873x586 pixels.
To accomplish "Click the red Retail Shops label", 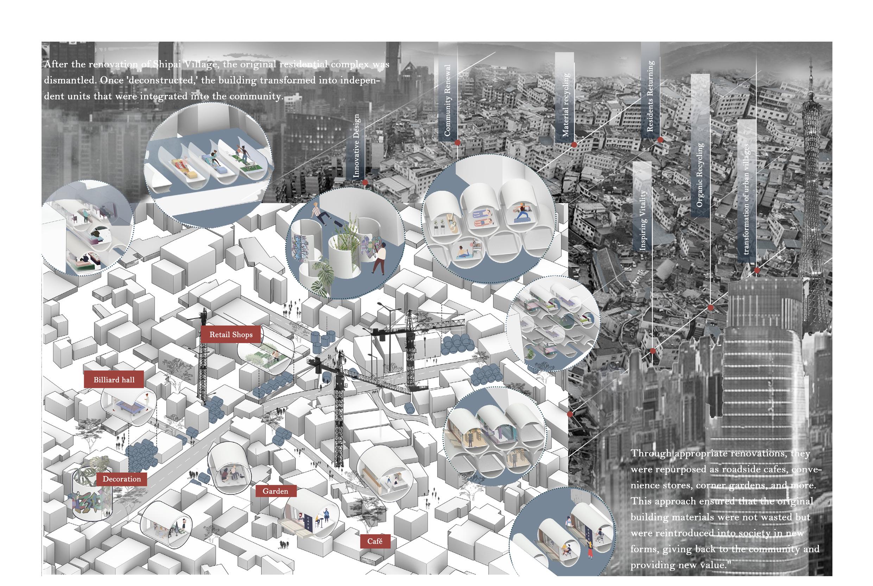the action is tap(231, 335).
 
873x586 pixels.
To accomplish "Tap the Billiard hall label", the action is tap(114, 380).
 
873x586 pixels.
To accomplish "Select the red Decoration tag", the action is tap(122, 479).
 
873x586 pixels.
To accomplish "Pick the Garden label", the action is tap(275, 491).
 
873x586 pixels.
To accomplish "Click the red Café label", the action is tap(375, 541).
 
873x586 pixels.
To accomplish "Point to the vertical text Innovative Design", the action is tap(356, 146).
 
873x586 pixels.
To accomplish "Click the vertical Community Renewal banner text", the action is tap(448, 100).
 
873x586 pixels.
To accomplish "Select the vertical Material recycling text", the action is tap(566, 105).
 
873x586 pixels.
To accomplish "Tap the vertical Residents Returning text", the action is tap(650, 96).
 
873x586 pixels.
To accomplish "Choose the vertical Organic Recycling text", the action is tap(700, 175).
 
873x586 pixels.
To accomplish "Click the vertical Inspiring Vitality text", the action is tap(643, 220).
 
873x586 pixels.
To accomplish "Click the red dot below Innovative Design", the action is tap(365, 182).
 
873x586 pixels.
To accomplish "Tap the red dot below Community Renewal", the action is tap(457, 143).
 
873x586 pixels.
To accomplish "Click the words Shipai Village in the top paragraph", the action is tap(184, 64).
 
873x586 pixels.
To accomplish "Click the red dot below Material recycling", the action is tap(574, 145).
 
